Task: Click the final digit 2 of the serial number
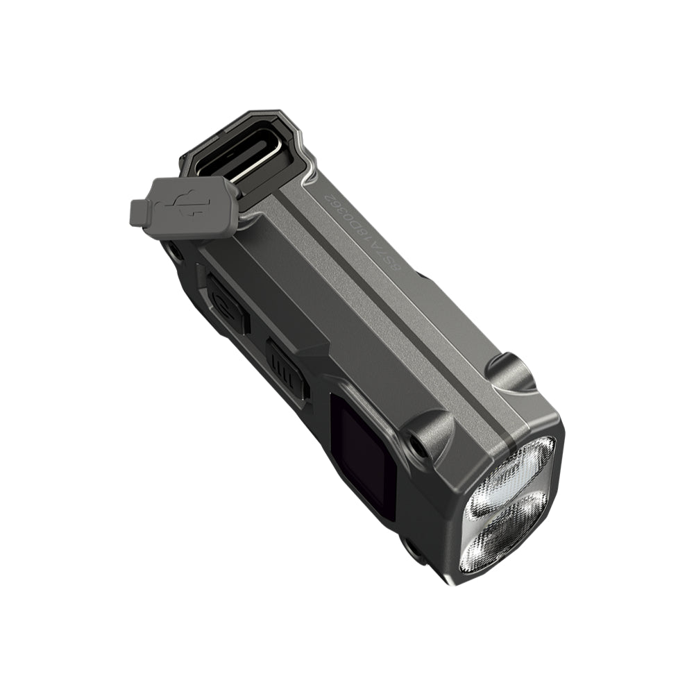point(321,197)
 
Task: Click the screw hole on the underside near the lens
point(414,548)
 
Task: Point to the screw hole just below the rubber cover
point(173,251)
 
